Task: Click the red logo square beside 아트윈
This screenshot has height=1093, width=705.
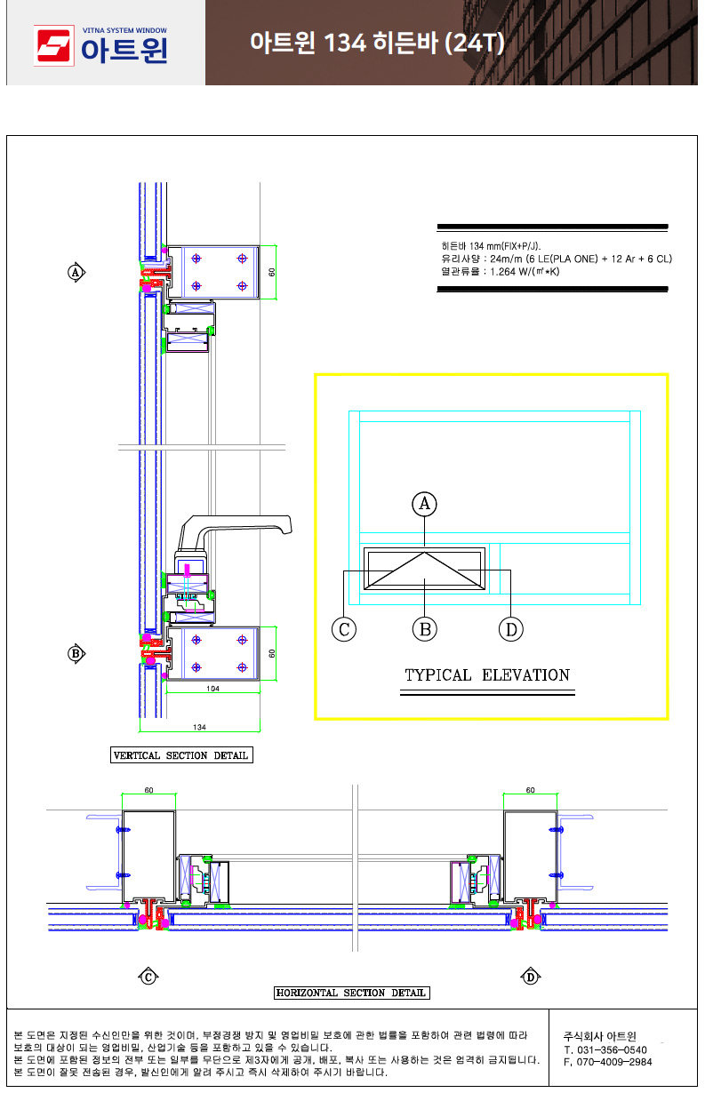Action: point(53,45)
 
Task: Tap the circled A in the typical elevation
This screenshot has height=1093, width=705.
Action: point(424,504)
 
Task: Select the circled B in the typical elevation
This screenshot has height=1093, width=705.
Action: point(424,629)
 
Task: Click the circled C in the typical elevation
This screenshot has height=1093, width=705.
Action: point(344,629)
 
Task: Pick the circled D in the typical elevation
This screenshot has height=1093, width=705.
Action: point(510,629)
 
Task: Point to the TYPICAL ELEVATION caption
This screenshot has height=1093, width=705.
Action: point(487,674)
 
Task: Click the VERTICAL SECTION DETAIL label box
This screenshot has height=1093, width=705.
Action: point(181,754)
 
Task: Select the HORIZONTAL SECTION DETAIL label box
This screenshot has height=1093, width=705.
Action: point(352,992)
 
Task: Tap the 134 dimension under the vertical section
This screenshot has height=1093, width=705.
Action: point(199,727)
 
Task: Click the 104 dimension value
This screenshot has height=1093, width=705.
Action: point(212,689)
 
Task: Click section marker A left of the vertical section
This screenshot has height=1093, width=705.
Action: point(76,272)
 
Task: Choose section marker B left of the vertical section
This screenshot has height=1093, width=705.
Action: point(76,653)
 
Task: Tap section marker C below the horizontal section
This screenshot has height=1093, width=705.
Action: point(148,977)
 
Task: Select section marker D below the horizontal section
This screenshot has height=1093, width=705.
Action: point(530,977)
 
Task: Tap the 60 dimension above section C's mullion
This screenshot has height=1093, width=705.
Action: point(148,790)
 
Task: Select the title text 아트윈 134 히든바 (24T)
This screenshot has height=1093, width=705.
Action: point(377,43)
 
